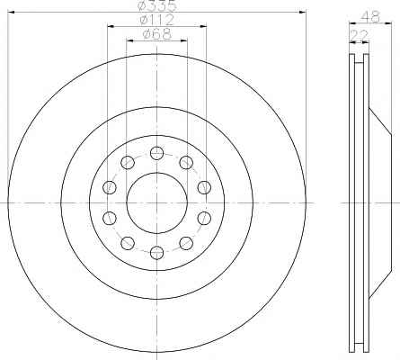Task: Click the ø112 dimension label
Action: pos(156,20)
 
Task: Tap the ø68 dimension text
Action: pos(157,34)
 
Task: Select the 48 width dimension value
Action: pos(370,17)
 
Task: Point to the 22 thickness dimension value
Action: pos(359,35)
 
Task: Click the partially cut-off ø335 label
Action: pos(156,5)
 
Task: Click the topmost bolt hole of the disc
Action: pos(156,153)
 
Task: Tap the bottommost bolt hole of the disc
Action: pos(156,252)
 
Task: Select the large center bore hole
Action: pos(156,203)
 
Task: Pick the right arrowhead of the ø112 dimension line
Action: pos(203,27)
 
